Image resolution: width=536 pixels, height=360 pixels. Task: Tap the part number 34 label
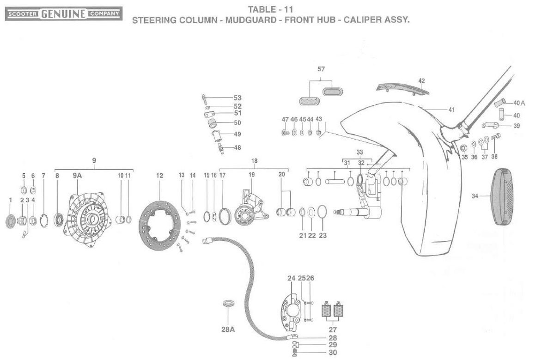pos(475,196)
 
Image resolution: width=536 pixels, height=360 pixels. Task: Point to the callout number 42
pos(421,81)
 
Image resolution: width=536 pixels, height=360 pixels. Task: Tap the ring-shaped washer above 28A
pos(228,304)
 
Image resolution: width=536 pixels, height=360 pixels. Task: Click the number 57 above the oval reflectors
pos(321,69)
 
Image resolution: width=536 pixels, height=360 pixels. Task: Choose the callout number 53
pos(238,98)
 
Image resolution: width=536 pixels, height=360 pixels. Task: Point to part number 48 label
pos(238,148)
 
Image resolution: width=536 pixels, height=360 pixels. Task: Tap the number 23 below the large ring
pos(323,235)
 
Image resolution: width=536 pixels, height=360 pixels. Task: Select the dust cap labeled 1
pos(10,221)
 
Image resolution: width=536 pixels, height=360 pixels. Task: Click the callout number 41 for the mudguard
pos(451,110)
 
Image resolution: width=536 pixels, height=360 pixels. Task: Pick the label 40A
pos(519,103)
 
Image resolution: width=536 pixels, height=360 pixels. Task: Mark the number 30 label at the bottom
pos(333,353)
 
